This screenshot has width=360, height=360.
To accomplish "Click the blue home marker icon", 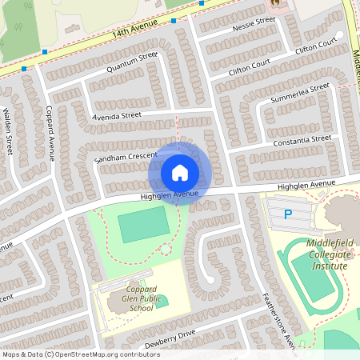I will coord(180,172).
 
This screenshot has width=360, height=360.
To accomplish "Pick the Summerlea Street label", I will coord(300,92).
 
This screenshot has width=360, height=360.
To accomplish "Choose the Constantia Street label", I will coord(302,140).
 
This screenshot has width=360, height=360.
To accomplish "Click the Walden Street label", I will coord(8,132).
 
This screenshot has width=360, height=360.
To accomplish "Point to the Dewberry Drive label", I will coord(169,334).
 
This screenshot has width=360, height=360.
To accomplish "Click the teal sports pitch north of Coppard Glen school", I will coord(144,226).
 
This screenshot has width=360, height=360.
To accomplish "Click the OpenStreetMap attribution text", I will coord(80,354).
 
